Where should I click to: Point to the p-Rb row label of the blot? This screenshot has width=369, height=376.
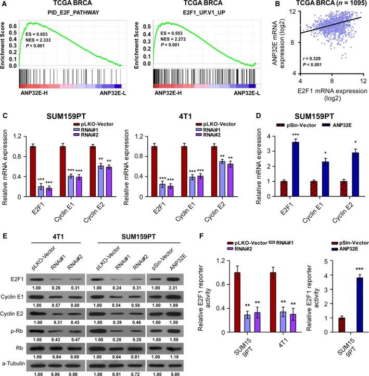[15, 315]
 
